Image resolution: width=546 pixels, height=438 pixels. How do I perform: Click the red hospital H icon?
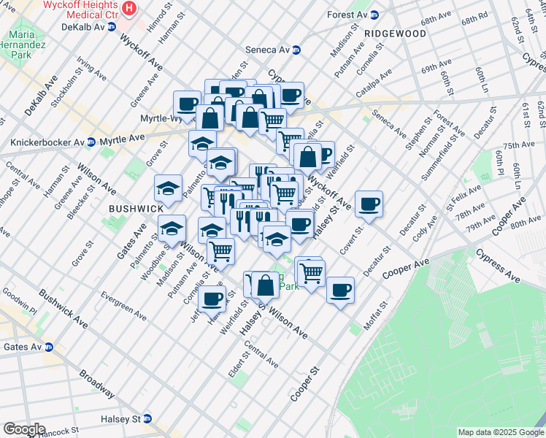click(129, 9)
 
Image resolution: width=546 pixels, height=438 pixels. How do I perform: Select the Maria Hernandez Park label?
click(22, 45)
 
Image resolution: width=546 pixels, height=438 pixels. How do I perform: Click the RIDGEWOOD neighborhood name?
click(395, 34)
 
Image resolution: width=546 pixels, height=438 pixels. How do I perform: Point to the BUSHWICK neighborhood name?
click(136, 208)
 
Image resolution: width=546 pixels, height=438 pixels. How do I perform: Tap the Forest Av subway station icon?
click(374, 15)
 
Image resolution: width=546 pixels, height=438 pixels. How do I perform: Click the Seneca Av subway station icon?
click(296, 50)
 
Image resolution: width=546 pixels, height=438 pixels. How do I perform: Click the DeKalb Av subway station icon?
click(112, 26)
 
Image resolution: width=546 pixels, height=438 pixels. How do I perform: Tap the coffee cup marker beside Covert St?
click(369, 204)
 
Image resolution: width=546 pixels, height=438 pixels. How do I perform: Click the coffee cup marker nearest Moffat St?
click(339, 290)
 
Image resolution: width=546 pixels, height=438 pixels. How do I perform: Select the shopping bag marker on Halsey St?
click(266, 285)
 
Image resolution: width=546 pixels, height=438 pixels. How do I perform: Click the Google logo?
click(24, 429)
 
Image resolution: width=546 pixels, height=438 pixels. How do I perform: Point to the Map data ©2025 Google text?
click(500, 432)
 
